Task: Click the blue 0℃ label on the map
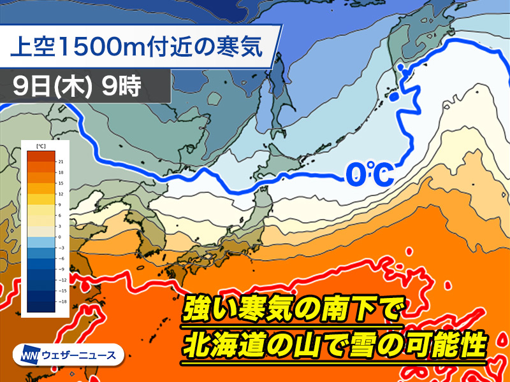coord(370,174)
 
